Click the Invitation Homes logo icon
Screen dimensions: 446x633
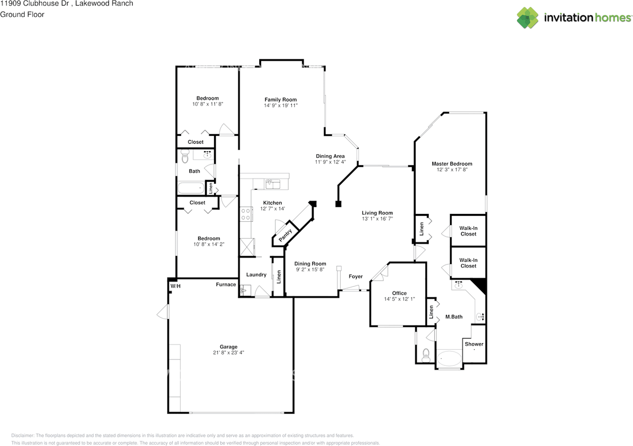click(x=528, y=18)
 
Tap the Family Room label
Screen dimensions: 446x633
click(x=280, y=100)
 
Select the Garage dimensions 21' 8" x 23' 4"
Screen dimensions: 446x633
click(x=228, y=353)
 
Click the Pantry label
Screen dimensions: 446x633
click(x=285, y=234)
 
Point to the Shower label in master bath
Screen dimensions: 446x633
click(x=474, y=344)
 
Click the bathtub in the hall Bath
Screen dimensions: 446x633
click(x=191, y=188)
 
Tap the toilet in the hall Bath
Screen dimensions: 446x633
click(x=185, y=157)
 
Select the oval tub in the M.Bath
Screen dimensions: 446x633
click(x=449, y=357)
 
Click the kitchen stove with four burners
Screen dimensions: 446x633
click(x=245, y=214)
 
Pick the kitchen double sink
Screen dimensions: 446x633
click(x=272, y=184)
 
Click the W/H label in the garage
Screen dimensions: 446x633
click(x=176, y=286)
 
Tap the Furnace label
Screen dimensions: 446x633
click(x=226, y=284)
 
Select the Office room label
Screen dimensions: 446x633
click(x=399, y=293)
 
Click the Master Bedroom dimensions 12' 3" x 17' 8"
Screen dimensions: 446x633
click(x=452, y=169)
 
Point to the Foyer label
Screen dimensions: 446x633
click(x=355, y=277)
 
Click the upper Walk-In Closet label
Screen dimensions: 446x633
click(x=468, y=231)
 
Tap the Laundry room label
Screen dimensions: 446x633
click(x=256, y=275)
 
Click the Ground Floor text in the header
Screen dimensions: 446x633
click(x=22, y=14)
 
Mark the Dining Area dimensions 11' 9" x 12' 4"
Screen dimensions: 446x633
click(x=330, y=162)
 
